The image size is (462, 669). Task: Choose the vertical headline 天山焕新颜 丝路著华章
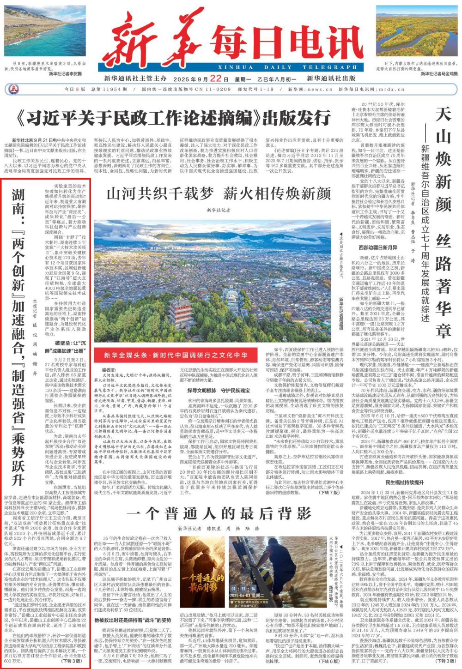click(443, 222)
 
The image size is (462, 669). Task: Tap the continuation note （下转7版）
click(328, 492)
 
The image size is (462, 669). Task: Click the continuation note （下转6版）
click(329, 661)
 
